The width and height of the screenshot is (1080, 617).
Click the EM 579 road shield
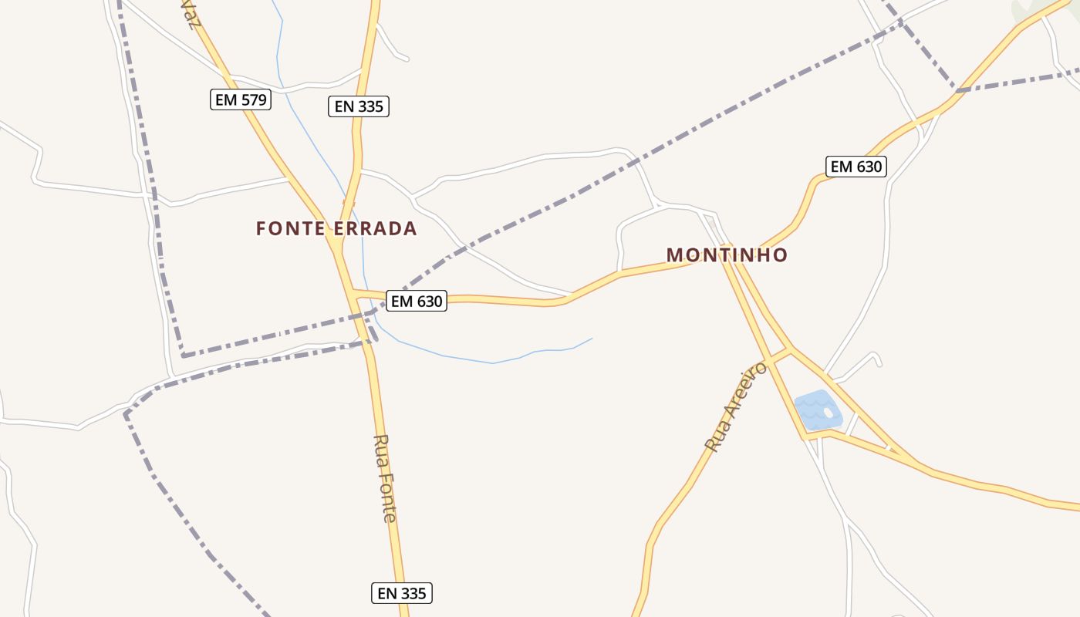(x=241, y=99)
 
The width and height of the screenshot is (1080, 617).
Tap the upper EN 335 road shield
(x=359, y=106)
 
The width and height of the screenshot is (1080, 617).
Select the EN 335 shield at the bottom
(x=402, y=593)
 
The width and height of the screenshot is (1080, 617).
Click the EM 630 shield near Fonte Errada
(x=417, y=301)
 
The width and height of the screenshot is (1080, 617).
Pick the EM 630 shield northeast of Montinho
(x=856, y=166)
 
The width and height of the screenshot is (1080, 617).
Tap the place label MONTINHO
(x=727, y=255)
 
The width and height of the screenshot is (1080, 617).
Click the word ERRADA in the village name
(x=376, y=228)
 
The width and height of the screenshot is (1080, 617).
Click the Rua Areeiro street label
(x=737, y=406)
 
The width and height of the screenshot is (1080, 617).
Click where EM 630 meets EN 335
(x=353, y=292)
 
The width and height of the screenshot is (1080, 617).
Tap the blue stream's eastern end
(x=592, y=339)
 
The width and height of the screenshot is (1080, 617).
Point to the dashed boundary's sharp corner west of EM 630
(x=183, y=356)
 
